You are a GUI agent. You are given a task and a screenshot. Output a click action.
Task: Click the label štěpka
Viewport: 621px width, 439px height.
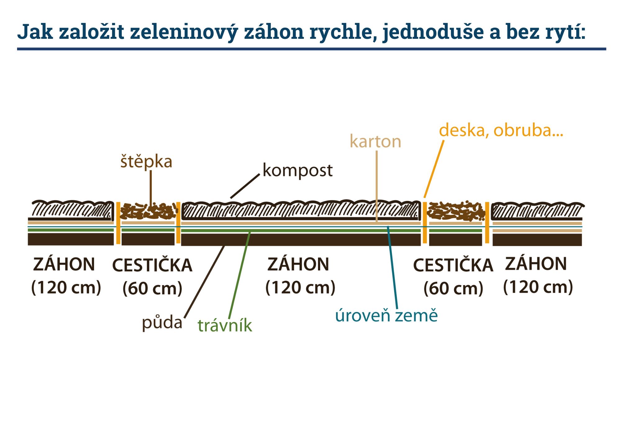[x=146, y=162]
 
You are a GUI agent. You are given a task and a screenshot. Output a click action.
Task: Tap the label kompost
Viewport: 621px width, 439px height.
[x=297, y=170]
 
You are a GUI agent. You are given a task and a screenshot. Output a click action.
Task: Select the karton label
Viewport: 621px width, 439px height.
[x=375, y=142]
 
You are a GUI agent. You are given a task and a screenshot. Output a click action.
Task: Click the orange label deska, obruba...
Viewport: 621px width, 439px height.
[x=501, y=130]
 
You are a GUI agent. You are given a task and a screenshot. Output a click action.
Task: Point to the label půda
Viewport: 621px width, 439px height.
[x=162, y=323]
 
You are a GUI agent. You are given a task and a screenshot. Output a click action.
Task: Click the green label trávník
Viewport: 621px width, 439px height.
[x=225, y=326]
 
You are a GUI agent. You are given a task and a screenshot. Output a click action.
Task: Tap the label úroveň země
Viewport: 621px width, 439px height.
[x=386, y=315]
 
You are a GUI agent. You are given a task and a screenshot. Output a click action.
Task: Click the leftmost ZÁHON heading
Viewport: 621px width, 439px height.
[x=64, y=264]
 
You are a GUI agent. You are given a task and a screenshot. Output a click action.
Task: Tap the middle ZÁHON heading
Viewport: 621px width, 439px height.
[x=298, y=264]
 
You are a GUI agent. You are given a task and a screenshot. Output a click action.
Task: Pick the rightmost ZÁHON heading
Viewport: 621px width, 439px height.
[x=536, y=264]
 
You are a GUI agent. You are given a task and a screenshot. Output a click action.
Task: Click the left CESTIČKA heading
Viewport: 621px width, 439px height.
[x=152, y=265]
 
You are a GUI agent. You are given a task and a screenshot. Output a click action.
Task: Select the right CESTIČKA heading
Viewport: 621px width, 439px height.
[x=453, y=265]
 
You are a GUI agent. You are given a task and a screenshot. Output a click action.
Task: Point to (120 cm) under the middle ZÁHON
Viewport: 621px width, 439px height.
[x=300, y=287]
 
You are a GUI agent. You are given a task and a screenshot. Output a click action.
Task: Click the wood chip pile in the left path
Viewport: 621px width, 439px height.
[x=147, y=211]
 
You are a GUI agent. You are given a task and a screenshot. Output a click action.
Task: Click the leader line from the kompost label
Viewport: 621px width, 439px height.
[x=245, y=186]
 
